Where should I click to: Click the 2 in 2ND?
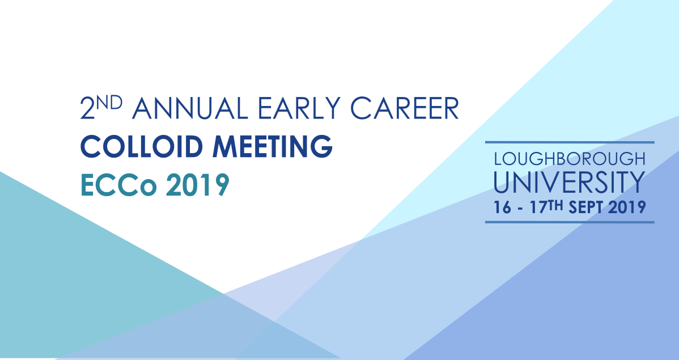87,109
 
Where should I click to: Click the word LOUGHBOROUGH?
570,158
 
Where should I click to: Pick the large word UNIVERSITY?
570,181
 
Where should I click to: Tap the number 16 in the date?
502,207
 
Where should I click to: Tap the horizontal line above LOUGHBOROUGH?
570,142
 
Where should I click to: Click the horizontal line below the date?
570,222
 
